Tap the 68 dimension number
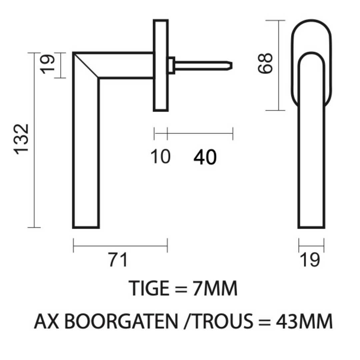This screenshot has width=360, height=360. (266, 63)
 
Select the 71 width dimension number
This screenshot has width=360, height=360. (118, 260)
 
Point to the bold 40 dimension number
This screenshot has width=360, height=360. (205, 157)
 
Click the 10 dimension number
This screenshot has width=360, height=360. (160, 157)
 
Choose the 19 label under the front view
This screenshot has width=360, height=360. (310, 260)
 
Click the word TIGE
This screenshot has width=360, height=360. (149, 289)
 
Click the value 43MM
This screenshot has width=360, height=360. (304, 322)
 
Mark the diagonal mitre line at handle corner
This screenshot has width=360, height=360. (86, 65)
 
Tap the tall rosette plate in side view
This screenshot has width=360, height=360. (160, 65)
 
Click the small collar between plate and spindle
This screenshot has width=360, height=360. (171, 65)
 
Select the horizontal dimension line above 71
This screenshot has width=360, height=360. (120, 246)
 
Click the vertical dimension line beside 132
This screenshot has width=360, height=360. (34, 140)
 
